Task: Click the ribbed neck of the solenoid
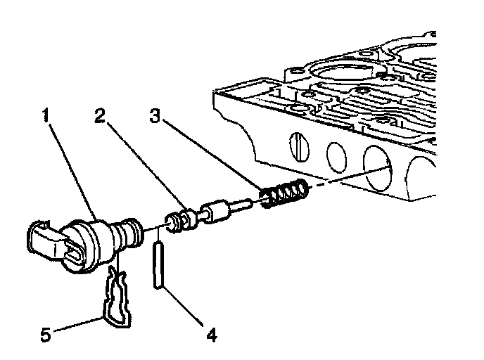point(129,231)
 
